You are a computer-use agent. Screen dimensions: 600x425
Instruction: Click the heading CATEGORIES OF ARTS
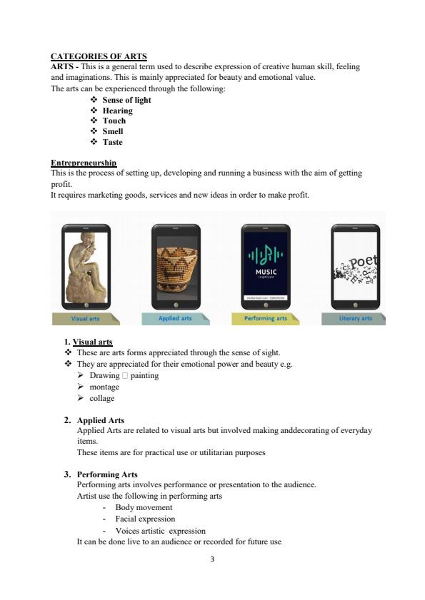point(99,56)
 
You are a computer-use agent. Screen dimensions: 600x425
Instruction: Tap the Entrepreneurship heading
point(84,163)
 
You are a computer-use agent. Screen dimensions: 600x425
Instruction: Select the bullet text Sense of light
point(126,100)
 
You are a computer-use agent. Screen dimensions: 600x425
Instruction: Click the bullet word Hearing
point(117,111)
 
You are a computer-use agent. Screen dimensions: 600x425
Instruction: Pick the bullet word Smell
point(112,131)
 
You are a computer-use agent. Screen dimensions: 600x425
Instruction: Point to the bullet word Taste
point(112,142)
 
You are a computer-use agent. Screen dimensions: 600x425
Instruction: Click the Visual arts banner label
point(85,318)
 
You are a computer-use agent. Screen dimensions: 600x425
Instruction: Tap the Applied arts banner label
point(175,318)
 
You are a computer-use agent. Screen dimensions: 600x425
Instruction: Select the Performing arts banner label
point(265,318)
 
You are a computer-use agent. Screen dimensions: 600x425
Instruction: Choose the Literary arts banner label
point(355,318)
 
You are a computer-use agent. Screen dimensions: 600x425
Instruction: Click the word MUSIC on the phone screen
point(266,272)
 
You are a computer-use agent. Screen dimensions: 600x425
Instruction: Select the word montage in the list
point(104,387)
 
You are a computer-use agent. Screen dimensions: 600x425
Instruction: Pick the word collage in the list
point(101,398)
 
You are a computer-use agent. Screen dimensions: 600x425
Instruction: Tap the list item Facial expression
point(145,519)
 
